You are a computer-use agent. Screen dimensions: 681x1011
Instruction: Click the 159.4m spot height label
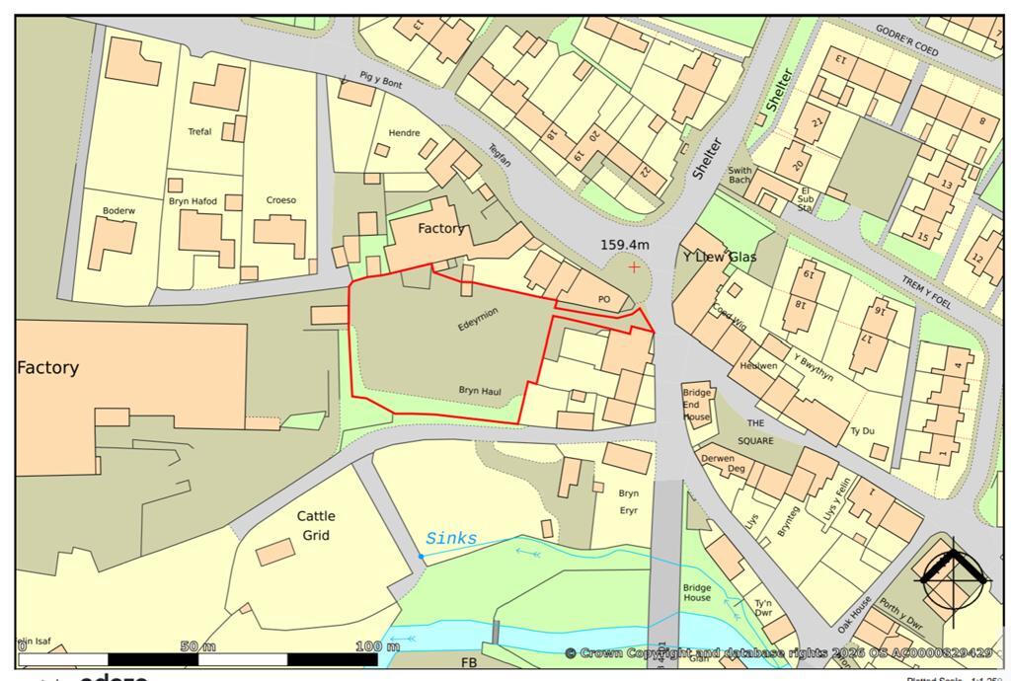625,245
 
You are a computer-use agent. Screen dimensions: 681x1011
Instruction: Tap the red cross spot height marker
633,267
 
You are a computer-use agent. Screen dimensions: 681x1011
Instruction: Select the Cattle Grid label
316,525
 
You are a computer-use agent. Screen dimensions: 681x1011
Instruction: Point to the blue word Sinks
451,539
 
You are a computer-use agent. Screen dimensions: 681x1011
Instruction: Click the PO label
605,299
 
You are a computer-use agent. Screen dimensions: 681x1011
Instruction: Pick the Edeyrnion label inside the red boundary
478,319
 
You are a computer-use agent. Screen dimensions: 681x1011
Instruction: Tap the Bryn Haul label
480,392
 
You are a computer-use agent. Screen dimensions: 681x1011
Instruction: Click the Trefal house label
199,131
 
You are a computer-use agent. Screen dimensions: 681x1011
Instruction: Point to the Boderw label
118,210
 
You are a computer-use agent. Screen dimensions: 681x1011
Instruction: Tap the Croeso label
281,200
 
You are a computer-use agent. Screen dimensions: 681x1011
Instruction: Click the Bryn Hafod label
193,201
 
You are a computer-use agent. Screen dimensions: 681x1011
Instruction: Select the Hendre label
404,133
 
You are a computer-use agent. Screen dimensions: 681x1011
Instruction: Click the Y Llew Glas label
720,257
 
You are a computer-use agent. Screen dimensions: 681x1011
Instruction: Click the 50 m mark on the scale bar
197,646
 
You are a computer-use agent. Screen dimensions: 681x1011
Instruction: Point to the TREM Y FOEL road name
927,291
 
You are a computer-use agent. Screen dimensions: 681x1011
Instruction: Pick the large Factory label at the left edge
47,367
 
